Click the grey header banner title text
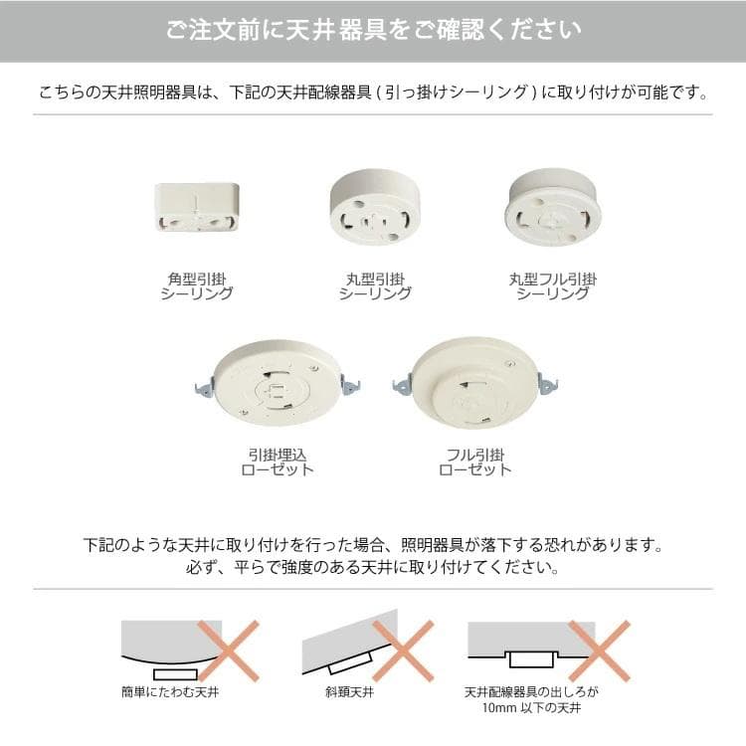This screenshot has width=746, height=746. tap(373, 30)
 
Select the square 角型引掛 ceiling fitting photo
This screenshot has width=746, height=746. tap(197, 207)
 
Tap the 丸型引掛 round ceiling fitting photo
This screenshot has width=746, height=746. tap(375, 206)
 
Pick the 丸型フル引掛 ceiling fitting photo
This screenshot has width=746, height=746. tap(552, 205)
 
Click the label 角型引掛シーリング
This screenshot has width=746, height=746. tap(197, 286)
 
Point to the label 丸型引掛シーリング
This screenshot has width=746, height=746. tap(375, 286)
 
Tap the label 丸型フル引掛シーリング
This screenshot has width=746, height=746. tap(553, 286)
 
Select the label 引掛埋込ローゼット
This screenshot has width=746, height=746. tap(278, 462)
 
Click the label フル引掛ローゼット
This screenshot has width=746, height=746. tap(474, 462)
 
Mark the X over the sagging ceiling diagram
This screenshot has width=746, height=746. tap(228, 651)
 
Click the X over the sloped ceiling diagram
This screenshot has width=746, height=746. tap(402, 651)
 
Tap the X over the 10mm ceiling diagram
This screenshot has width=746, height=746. tap(599, 651)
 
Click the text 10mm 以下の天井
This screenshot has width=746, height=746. tap(531, 709)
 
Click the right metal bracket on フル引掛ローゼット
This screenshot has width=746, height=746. tap(547, 383)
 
